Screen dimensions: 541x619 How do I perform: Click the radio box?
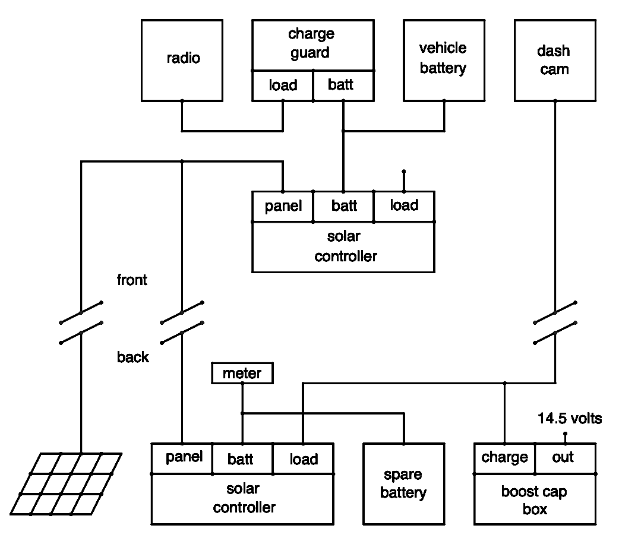(x=182, y=59)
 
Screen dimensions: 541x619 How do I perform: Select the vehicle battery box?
(x=443, y=59)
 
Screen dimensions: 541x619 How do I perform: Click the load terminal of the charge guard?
(x=283, y=86)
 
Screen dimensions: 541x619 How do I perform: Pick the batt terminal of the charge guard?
(x=343, y=86)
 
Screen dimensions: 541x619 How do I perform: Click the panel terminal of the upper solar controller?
(x=283, y=206)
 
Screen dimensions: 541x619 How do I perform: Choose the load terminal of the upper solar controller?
(x=404, y=206)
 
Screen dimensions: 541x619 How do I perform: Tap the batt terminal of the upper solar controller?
(x=343, y=206)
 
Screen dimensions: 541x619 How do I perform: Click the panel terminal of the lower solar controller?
(x=182, y=458)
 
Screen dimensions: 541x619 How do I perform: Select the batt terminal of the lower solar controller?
(x=242, y=458)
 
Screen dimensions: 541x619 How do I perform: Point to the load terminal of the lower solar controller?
(x=303, y=458)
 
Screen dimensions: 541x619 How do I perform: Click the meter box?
(x=242, y=374)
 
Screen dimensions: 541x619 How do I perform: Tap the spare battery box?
(x=403, y=484)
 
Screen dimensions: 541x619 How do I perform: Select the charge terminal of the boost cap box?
(x=504, y=458)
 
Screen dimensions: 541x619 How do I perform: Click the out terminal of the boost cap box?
(x=565, y=458)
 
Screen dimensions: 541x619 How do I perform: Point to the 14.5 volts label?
(x=569, y=419)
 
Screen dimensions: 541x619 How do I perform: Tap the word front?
(x=132, y=280)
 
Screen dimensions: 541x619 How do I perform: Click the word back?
(x=132, y=357)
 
